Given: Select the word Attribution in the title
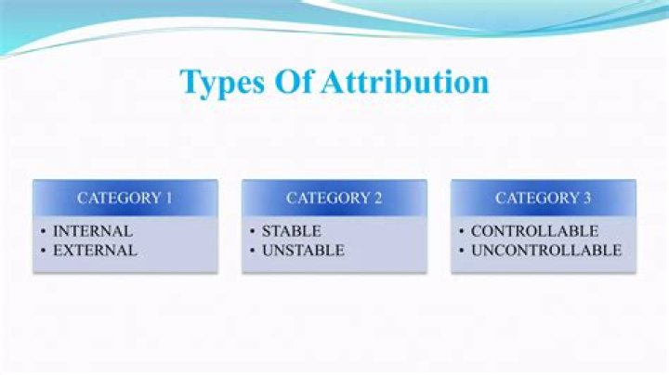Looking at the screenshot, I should pos(405,82).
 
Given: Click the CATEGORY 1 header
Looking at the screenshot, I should pos(125,198).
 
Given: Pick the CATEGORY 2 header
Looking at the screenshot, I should pos(334,198).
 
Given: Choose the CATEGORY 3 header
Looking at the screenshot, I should pos(544,198).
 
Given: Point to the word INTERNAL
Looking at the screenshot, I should pos(92,231).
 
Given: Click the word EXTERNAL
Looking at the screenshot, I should pos(95,250).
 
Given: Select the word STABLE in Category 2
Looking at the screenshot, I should pos(291,231).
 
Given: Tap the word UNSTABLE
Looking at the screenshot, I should pos(302,250).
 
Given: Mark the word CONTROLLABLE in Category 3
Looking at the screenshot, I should pos(534,231).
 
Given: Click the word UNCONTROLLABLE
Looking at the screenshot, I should pos(545,250).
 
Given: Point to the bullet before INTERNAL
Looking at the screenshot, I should pos(44,231).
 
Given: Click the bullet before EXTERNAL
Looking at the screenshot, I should pos(44,250).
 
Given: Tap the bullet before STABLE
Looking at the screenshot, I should pos(253,231).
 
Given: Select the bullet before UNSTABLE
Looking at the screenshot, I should pos(253,250).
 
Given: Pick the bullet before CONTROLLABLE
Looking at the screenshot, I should pos(462,231).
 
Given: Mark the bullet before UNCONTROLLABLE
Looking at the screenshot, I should pos(462,250).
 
